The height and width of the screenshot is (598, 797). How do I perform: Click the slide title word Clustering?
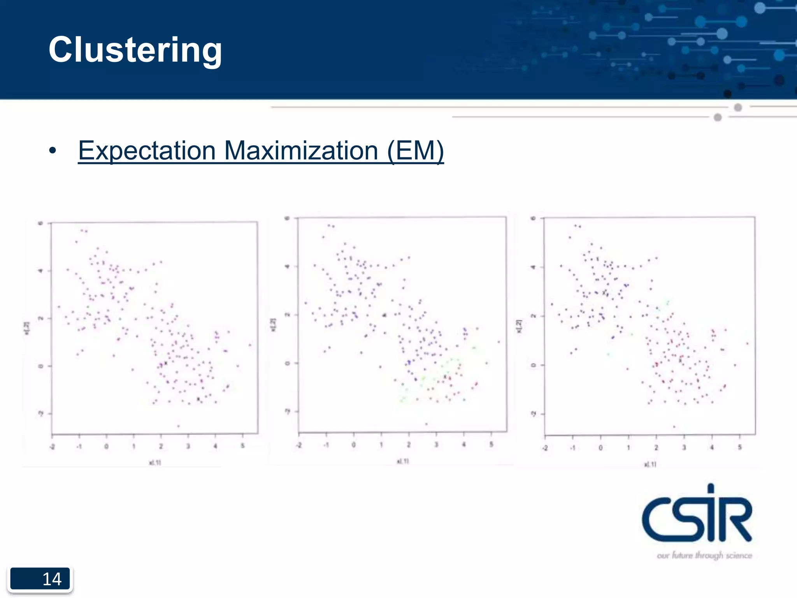pos(135,50)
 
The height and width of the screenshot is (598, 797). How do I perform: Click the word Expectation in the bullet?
pos(147,151)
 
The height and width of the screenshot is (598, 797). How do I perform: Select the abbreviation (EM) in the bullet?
pos(415,151)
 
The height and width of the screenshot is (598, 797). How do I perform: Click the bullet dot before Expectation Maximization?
pos(53,151)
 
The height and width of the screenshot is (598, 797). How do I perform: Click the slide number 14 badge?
pos(40,579)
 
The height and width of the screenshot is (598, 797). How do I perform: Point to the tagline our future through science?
pos(704,556)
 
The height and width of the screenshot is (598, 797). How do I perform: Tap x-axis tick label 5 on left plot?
pos(243,446)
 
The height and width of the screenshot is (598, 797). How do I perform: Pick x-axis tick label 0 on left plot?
pos(106,447)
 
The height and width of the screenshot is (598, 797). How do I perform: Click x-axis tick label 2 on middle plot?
pos(409,445)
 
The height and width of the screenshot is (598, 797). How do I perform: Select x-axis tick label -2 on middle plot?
pos(298,445)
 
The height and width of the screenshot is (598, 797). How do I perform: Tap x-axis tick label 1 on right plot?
pos(628,448)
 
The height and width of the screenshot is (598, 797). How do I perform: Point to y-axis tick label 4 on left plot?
pos(40,271)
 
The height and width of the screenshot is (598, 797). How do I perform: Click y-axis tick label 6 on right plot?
pos(534,218)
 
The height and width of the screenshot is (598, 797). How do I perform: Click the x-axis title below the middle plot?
pos(403,461)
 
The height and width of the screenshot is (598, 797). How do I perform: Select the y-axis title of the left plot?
pos(26,328)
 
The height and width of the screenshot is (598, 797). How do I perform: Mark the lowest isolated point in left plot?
pos(179,426)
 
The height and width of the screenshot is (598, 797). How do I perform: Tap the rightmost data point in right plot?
pos(747,343)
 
